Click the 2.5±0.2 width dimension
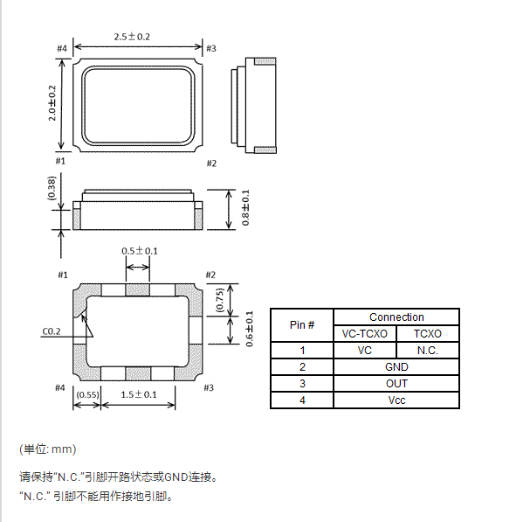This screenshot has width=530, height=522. point(132,37)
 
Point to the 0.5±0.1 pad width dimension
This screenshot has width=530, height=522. point(140,251)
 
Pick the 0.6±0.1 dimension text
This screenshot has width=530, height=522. point(249,329)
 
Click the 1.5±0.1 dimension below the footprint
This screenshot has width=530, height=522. point(139,395)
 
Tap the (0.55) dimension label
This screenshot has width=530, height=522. point(87,395)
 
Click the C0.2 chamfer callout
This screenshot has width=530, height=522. point(52,331)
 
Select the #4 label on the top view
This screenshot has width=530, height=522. point(62,47)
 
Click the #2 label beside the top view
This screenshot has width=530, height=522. point(211,164)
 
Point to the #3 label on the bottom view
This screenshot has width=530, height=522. point(209,387)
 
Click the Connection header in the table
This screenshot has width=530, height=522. point(396,317)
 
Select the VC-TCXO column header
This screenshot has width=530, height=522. point(365,334)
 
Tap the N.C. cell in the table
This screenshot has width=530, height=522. point(427,351)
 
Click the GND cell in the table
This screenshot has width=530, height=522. point(396,367)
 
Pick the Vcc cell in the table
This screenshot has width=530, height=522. point(396,400)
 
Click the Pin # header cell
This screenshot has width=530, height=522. point(302,325)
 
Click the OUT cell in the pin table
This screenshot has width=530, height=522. point(396,384)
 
